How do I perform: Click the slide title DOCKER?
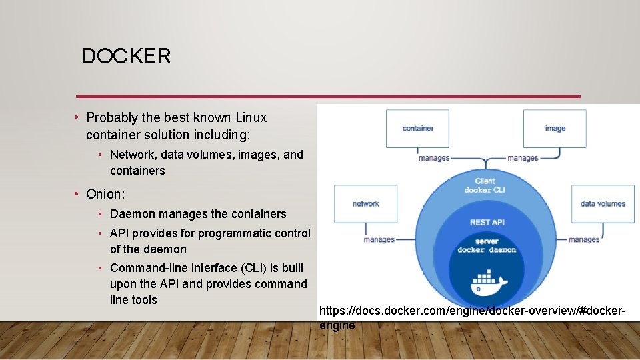click(126, 57)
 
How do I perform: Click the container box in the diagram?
click(417, 129)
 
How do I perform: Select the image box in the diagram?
click(555, 129)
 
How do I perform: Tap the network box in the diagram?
click(365, 204)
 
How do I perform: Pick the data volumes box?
click(603, 204)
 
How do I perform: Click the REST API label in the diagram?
click(487, 222)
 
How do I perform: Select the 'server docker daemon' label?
click(487, 246)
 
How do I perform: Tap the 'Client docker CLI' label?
click(486, 185)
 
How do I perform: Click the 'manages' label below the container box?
click(434, 158)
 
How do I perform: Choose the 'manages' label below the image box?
click(523, 158)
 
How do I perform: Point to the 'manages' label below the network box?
click(379, 239)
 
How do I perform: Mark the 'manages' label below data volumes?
click(584, 239)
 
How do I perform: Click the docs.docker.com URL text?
click(472, 311)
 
